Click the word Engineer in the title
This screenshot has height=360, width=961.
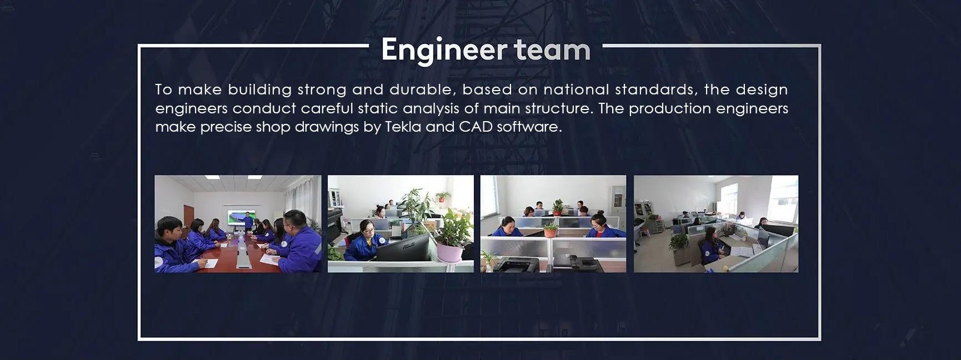point(444,50)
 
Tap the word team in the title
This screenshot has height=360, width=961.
point(552,50)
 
